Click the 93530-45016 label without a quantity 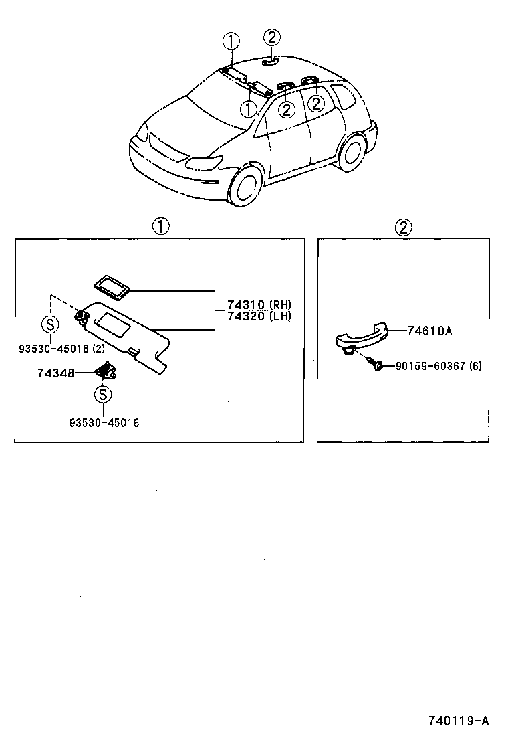pos(104,423)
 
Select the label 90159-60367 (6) pos(438,366)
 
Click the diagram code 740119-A pos(458,721)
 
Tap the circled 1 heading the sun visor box pos(160,227)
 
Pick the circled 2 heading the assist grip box pos(403,227)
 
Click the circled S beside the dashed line pos(51,324)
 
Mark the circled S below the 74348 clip pos(103,395)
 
